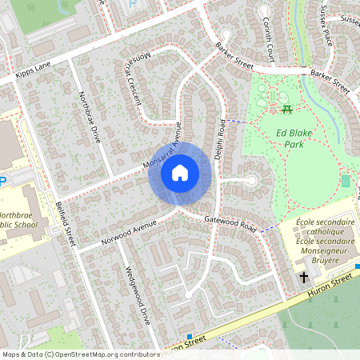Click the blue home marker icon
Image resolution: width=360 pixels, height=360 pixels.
[179, 173]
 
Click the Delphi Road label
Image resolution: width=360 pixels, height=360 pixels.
[222, 139]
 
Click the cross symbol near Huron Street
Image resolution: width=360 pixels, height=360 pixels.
[304, 278]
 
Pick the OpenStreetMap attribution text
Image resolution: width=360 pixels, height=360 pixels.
[80, 354]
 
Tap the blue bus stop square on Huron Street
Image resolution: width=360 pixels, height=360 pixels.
[190, 337]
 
